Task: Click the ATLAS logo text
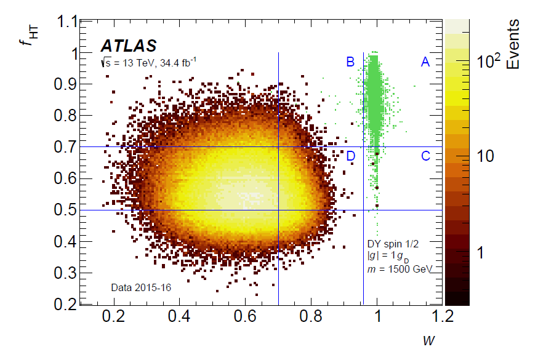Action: (129, 46)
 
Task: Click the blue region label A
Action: (425, 62)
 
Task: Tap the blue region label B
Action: (350, 62)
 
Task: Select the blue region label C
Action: (425, 156)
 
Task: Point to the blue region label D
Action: (350, 156)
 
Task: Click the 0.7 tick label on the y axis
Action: (65, 147)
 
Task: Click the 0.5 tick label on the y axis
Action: (65, 210)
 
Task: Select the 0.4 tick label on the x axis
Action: (179, 316)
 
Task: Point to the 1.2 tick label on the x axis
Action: (443, 316)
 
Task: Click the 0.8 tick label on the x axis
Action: (311, 316)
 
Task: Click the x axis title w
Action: (429, 340)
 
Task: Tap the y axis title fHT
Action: (29, 36)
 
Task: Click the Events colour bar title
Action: (513, 44)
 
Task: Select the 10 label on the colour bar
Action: (485, 156)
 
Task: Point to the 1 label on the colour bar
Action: (480, 253)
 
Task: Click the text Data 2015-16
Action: (141, 287)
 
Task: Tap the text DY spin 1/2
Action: (393, 244)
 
